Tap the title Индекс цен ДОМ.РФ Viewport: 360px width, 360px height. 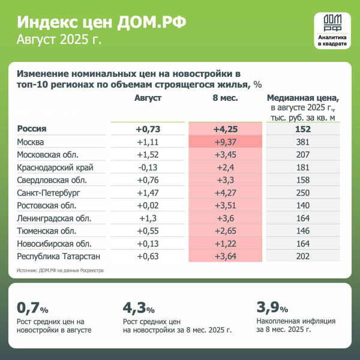pos(101,23)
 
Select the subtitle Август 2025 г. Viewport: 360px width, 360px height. pos(59,41)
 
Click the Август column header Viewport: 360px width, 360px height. pos(149,98)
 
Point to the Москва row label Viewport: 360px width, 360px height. pos(31,142)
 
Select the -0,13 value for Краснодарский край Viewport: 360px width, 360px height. pos(149,167)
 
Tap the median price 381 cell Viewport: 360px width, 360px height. pos(302,142)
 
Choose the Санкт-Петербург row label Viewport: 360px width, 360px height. pos(49,193)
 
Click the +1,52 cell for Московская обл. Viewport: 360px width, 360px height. pos(149,155)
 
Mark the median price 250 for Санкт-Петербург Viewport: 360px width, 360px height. pos(302,193)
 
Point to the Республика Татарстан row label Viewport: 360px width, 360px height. pos(58,257)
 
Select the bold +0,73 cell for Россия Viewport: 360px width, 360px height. pos(149,129)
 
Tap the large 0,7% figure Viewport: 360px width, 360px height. pos(32,309)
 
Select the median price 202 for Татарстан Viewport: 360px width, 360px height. pos(302,257)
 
